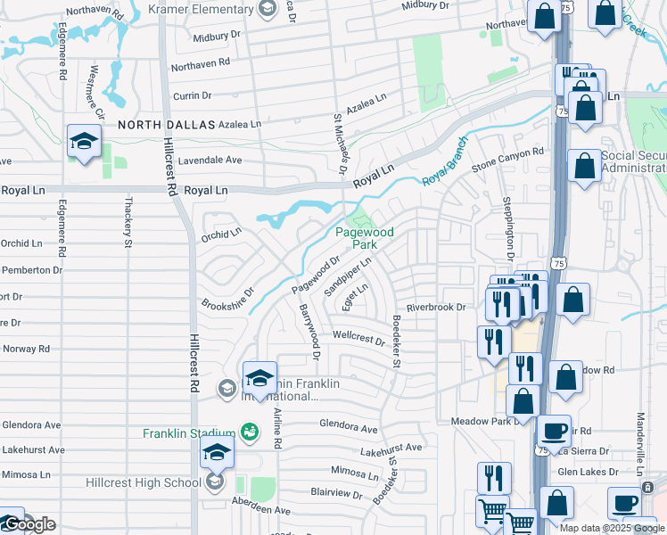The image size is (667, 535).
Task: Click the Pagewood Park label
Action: point(364,238)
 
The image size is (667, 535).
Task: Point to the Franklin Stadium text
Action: point(190,434)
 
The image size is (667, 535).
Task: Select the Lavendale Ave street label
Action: point(210,160)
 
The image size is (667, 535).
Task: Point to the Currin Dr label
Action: point(192,95)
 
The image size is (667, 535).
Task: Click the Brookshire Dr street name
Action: point(227,297)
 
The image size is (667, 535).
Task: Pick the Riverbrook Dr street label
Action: point(436,308)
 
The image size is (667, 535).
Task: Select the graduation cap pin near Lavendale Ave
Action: point(84,141)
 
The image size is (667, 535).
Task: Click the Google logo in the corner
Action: point(29,524)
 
